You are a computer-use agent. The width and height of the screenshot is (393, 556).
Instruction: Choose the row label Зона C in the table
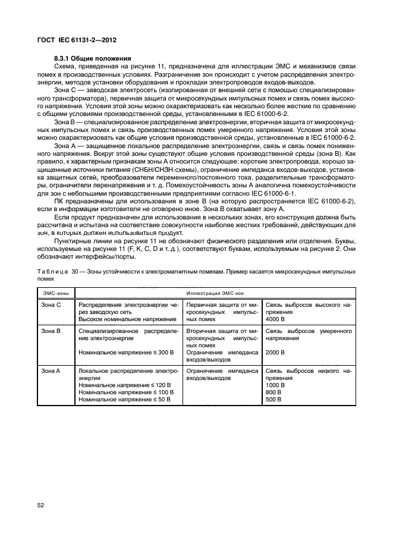(51, 304)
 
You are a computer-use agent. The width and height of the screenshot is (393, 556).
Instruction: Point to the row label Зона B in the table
(51, 329)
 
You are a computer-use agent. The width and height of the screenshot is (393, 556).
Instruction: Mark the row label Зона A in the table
(51, 370)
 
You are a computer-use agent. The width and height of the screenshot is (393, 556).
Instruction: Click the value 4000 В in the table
(276, 318)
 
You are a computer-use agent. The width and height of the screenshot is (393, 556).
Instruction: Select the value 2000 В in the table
(276, 352)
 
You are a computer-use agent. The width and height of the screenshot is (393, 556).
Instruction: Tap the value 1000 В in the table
(276, 385)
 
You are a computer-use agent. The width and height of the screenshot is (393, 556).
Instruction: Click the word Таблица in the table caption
(54, 271)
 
